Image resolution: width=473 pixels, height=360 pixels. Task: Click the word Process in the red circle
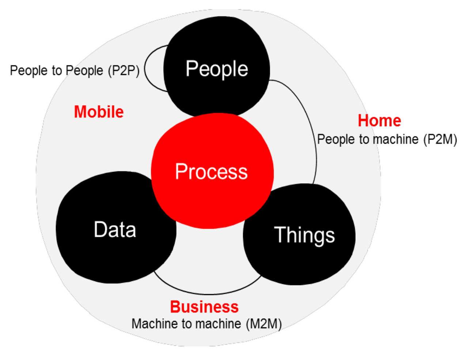point(211,171)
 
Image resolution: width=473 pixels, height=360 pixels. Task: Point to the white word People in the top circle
point(217,68)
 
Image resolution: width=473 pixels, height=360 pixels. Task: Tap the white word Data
point(115,230)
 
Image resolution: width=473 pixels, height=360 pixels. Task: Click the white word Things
point(304,235)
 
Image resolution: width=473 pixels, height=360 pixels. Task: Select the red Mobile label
point(99,112)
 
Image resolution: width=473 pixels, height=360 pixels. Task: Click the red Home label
point(379,121)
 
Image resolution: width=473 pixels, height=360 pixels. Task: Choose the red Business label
point(204,307)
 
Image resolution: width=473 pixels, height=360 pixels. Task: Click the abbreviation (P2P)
point(124,70)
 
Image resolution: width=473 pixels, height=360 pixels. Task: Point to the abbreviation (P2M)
point(440,139)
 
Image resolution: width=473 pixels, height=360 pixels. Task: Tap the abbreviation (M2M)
point(264,324)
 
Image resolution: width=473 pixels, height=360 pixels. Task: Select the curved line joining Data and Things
point(208,293)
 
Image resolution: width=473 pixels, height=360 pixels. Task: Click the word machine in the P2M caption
point(396,139)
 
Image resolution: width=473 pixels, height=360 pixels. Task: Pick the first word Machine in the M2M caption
point(149,324)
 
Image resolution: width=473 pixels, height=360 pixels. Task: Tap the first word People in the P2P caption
point(28,70)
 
